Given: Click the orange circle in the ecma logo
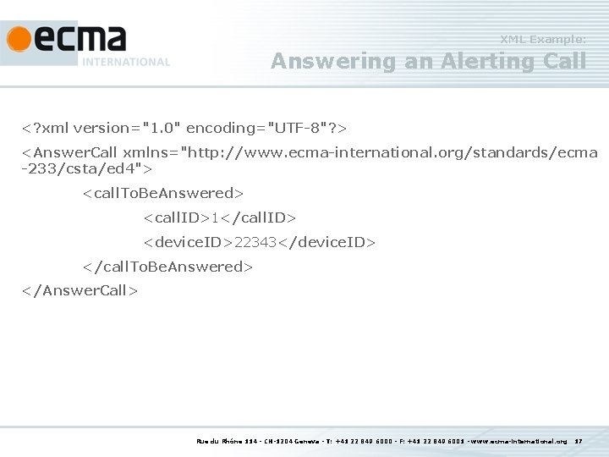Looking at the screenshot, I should (19, 40).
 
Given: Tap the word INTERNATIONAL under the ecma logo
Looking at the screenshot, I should (126, 62).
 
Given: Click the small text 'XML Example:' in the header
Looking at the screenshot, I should (542, 39).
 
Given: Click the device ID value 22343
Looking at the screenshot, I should (256, 243).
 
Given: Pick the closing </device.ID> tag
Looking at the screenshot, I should (326, 243).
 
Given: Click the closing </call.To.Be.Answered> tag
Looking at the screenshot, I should (167, 267).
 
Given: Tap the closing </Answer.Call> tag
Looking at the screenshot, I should (80, 290).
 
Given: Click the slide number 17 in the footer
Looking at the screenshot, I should (579, 441).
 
